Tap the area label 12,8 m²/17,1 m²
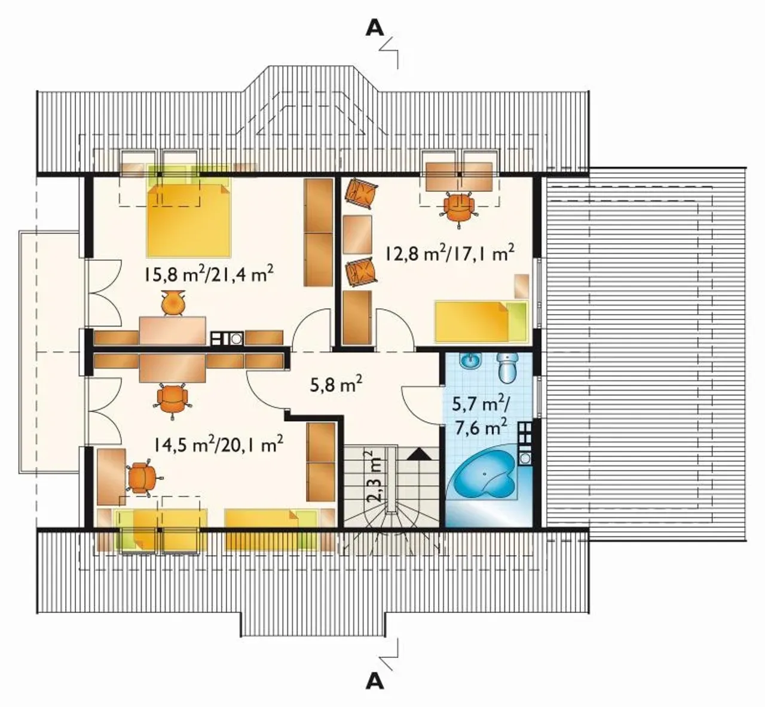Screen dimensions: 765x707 point(450,253)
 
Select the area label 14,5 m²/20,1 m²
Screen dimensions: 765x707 point(219,445)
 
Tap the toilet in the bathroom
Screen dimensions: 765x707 point(507,368)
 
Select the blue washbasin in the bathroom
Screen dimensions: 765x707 point(470,361)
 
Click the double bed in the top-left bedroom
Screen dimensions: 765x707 point(188,220)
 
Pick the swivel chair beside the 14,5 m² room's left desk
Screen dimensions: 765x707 point(142,477)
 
